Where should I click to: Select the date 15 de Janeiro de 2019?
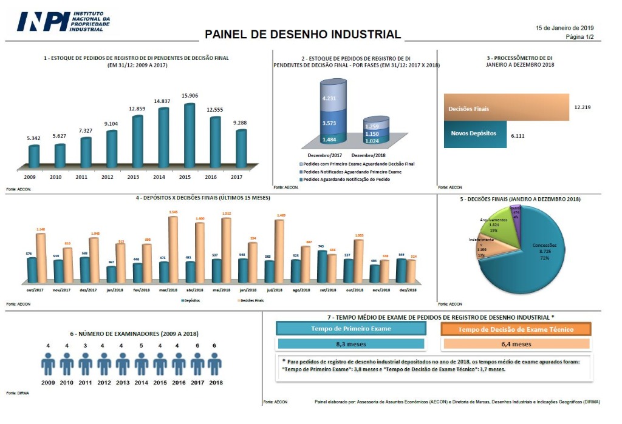(564, 28)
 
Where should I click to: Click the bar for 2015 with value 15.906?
(190, 135)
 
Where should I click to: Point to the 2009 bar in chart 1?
(34, 156)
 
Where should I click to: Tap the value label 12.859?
(137, 109)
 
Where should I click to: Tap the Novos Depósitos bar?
(474, 134)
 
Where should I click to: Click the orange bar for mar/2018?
(173, 249)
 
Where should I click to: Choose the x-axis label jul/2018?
(275, 291)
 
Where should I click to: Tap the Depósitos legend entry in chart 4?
(193, 300)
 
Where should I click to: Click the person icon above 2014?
(142, 364)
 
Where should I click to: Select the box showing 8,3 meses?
(350, 344)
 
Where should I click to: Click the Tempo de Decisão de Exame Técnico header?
(516, 329)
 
